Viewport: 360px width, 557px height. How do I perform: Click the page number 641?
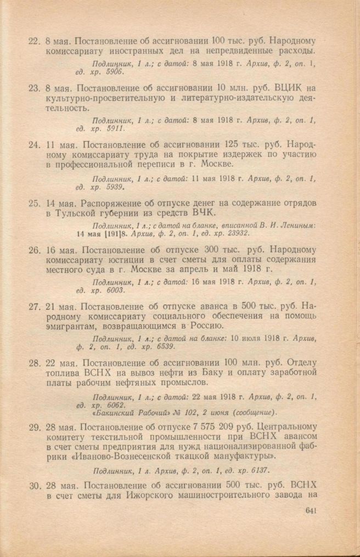[310, 511]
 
